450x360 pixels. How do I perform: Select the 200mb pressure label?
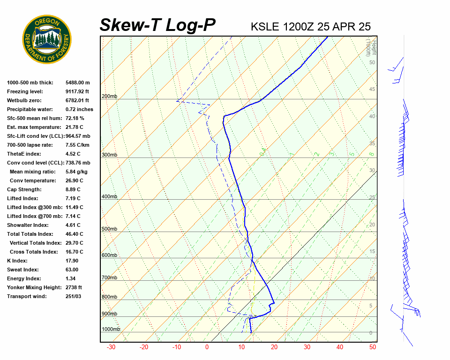click(x=109, y=97)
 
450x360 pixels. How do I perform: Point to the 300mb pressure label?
click(x=109, y=155)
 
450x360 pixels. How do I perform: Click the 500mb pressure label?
click(x=109, y=229)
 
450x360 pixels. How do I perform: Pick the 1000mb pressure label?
click(x=111, y=329)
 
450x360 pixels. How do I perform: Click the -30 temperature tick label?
click(x=111, y=347)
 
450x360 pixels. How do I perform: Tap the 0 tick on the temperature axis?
click(x=207, y=347)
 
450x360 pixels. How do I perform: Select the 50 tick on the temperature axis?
click(x=373, y=347)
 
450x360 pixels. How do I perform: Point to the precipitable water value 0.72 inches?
click(x=79, y=109)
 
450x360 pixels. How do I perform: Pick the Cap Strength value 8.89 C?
click(x=73, y=189)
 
